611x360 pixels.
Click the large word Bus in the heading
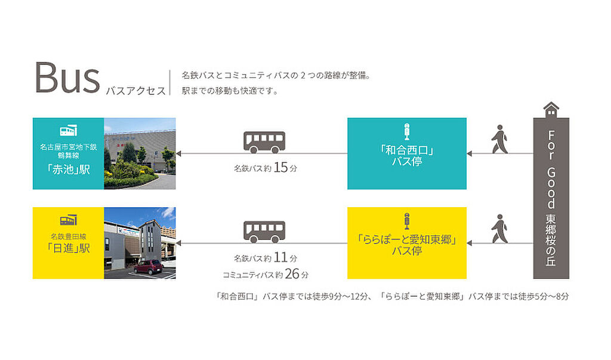coord(67,78)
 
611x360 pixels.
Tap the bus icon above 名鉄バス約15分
coord(264,142)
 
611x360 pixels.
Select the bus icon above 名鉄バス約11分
coord(264,232)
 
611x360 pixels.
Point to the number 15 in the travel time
coord(280,168)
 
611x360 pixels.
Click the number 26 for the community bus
coord(292,274)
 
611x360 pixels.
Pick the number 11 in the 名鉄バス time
coord(280,257)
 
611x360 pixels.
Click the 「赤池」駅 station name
coord(68,170)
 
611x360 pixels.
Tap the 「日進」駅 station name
coord(68,248)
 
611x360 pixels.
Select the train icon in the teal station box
coord(68,131)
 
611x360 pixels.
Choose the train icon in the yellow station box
coord(68,220)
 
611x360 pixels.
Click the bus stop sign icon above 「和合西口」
coord(407,132)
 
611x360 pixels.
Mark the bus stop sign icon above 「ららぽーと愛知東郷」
coord(407,221)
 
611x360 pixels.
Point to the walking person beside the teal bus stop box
coord(499,139)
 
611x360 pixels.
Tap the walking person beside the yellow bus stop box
coord(499,229)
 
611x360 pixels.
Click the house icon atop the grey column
coord(551,110)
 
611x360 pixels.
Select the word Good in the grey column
coord(551,188)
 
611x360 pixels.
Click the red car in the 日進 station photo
coord(148,267)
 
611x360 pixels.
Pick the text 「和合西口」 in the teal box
coord(407,150)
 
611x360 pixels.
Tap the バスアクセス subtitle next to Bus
coord(136,91)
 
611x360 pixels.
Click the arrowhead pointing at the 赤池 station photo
coord(179,153)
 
